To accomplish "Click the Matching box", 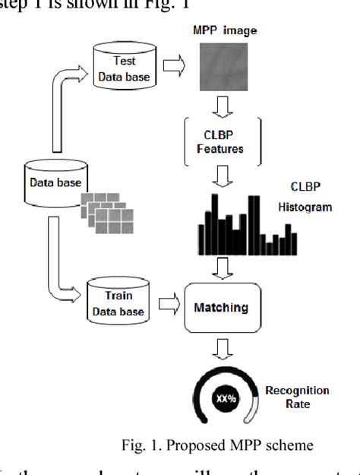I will [x=221, y=308].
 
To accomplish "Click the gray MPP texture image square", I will [x=224, y=66].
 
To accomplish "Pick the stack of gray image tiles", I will [x=107, y=214].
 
